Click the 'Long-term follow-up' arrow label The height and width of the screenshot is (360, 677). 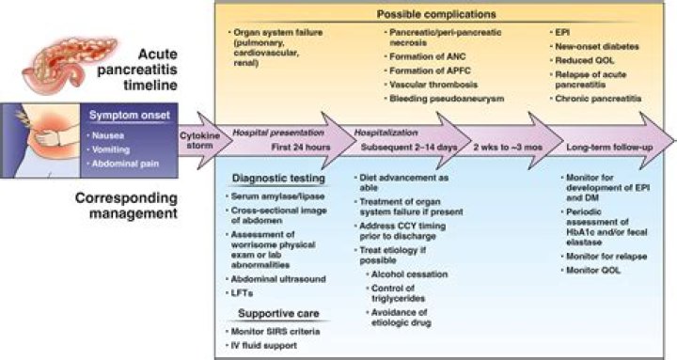(x=609, y=149)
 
